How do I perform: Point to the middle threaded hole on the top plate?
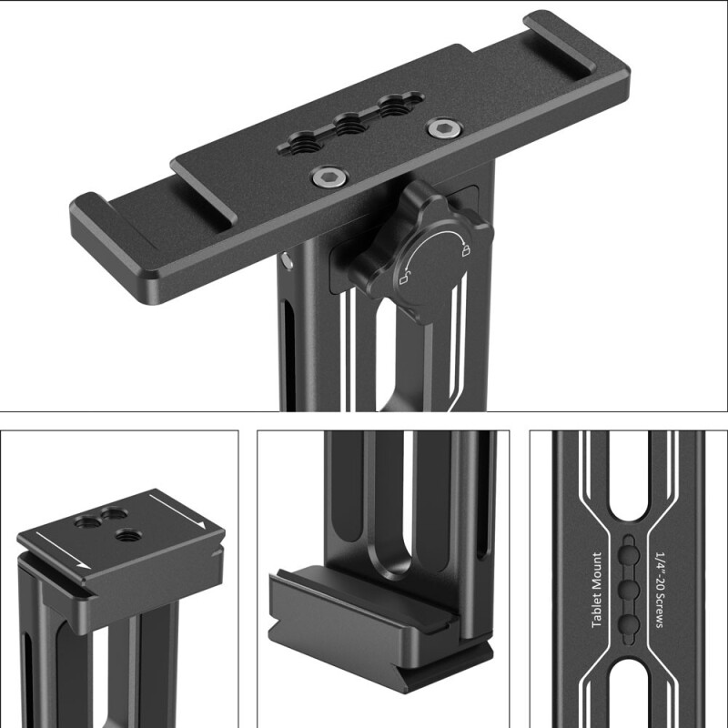(x=349, y=123)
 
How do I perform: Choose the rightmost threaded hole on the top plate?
(x=396, y=106)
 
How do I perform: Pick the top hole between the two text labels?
(x=628, y=553)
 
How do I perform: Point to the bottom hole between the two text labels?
(x=628, y=624)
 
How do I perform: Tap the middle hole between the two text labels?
(x=628, y=589)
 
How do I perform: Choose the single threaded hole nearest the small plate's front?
(x=127, y=539)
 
